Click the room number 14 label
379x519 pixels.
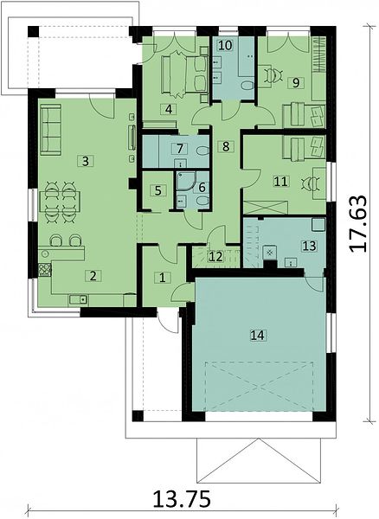(x=258, y=336)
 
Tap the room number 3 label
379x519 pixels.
(x=86, y=162)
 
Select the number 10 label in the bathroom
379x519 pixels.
(x=225, y=45)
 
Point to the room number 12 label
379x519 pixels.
(x=215, y=257)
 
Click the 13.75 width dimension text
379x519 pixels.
(x=182, y=499)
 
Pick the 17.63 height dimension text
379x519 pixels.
(x=358, y=224)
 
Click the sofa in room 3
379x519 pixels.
(x=51, y=130)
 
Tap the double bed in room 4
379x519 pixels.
(x=184, y=74)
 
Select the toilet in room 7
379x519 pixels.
(x=202, y=151)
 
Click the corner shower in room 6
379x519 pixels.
(x=184, y=181)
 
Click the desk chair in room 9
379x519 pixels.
(x=274, y=75)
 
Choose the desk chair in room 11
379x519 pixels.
(x=310, y=183)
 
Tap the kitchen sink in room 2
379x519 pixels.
(x=78, y=300)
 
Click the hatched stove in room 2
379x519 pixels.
(x=45, y=270)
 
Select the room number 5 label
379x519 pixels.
(x=157, y=190)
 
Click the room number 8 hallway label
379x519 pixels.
(x=226, y=146)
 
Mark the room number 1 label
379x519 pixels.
(x=162, y=278)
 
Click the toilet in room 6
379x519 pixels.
(x=202, y=201)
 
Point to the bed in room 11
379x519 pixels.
(x=304, y=148)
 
